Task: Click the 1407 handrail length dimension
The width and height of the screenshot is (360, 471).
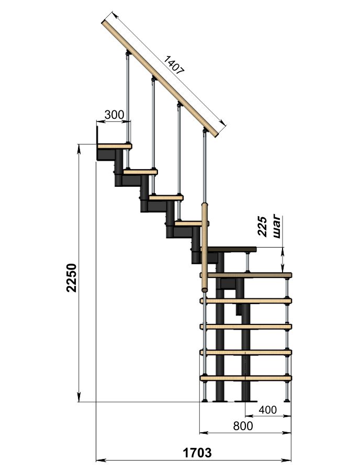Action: pos(174,65)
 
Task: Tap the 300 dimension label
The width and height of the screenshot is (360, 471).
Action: pos(114,115)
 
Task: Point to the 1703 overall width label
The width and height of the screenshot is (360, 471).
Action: pos(197,452)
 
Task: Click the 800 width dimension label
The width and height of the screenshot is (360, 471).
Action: pos(243,425)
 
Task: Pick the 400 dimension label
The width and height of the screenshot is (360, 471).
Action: pos(267,409)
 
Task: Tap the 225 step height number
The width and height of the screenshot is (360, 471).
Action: pos(263,227)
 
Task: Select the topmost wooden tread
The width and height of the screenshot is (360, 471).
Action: pos(115,147)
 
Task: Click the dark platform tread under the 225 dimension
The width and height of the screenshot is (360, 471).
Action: pos(232,249)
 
